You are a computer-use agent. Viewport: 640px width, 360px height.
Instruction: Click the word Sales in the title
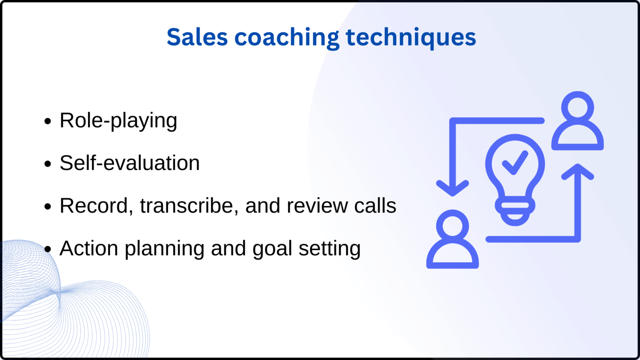point(197,37)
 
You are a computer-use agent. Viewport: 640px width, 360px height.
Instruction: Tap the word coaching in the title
point(287,37)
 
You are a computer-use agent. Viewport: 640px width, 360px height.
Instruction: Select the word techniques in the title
point(411,37)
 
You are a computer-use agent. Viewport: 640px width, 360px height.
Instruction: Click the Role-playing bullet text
point(118,121)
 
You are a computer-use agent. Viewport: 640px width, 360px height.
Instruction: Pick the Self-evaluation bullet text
point(130,163)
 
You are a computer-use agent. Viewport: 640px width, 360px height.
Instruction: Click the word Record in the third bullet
point(94,205)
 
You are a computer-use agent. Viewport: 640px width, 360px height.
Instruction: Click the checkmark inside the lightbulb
point(515,162)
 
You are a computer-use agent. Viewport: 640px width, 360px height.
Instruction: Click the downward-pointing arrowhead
point(452,188)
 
